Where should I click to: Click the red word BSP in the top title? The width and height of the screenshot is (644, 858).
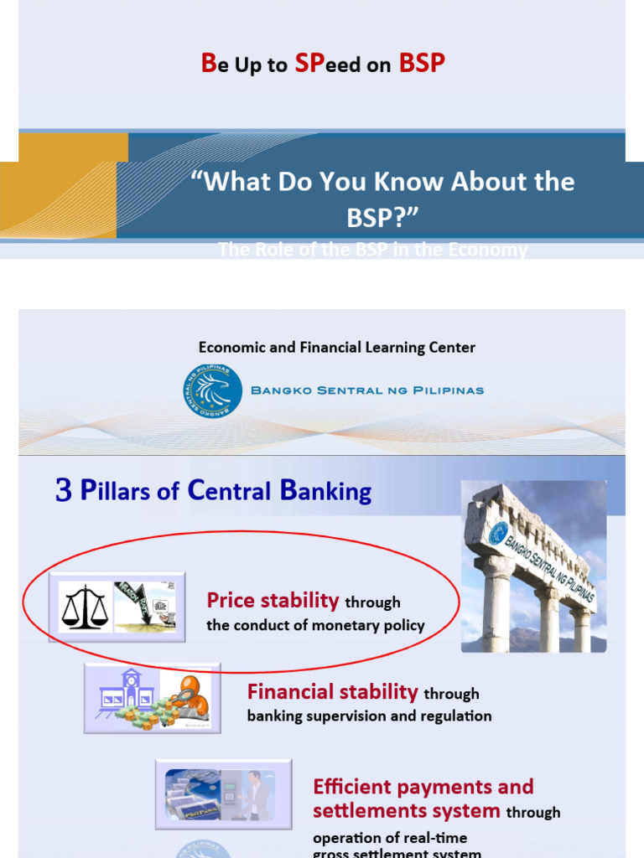coord(421,65)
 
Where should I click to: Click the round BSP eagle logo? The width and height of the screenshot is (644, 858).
coord(212,390)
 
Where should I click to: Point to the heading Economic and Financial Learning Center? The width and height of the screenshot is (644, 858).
coord(336,347)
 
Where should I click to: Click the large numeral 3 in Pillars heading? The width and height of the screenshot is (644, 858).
coord(64,491)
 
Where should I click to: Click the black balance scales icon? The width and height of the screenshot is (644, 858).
coord(85,608)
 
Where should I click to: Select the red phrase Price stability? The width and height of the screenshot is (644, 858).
coord(273,600)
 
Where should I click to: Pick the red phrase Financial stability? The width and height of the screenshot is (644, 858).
coord(332,691)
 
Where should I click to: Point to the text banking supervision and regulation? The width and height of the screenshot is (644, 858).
coord(369,716)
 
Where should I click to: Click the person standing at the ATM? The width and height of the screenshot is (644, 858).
coord(255,794)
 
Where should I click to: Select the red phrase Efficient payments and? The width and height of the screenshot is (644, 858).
coord(423,787)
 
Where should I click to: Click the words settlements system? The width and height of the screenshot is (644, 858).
coord(406,811)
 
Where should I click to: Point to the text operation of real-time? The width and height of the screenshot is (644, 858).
coord(390,838)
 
